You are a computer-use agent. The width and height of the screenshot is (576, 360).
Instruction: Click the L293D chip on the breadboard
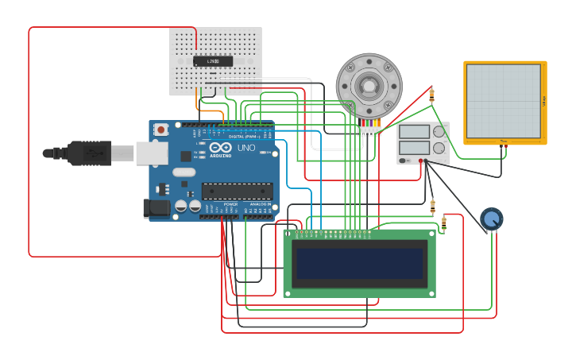point(213,61)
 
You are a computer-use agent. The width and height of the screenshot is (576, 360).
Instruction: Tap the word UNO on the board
point(246,148)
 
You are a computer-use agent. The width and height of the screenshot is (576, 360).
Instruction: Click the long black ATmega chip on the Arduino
point(237,191)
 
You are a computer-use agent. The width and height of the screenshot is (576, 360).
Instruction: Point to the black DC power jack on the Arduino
point(156,209)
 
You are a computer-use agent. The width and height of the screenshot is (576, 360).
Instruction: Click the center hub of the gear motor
point(369,85)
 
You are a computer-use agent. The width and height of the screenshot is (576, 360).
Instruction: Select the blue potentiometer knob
point(492,219)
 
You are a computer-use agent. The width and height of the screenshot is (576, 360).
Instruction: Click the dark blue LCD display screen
point(359,263)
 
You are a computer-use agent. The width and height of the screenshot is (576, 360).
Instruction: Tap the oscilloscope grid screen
point(503,101)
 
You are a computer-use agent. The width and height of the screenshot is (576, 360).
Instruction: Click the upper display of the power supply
point(414,132)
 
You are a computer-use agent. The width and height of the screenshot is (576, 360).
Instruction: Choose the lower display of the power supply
point(414,147)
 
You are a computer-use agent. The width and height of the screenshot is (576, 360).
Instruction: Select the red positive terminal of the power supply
point(421,161)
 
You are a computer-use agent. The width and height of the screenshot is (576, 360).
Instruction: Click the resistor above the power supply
point(431,95)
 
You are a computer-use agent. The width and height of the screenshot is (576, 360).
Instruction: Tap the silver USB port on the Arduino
point(151,153)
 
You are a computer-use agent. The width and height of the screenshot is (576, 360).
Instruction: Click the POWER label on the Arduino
point(230,204)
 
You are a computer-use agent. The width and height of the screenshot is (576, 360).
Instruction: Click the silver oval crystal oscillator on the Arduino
point(184,172)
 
